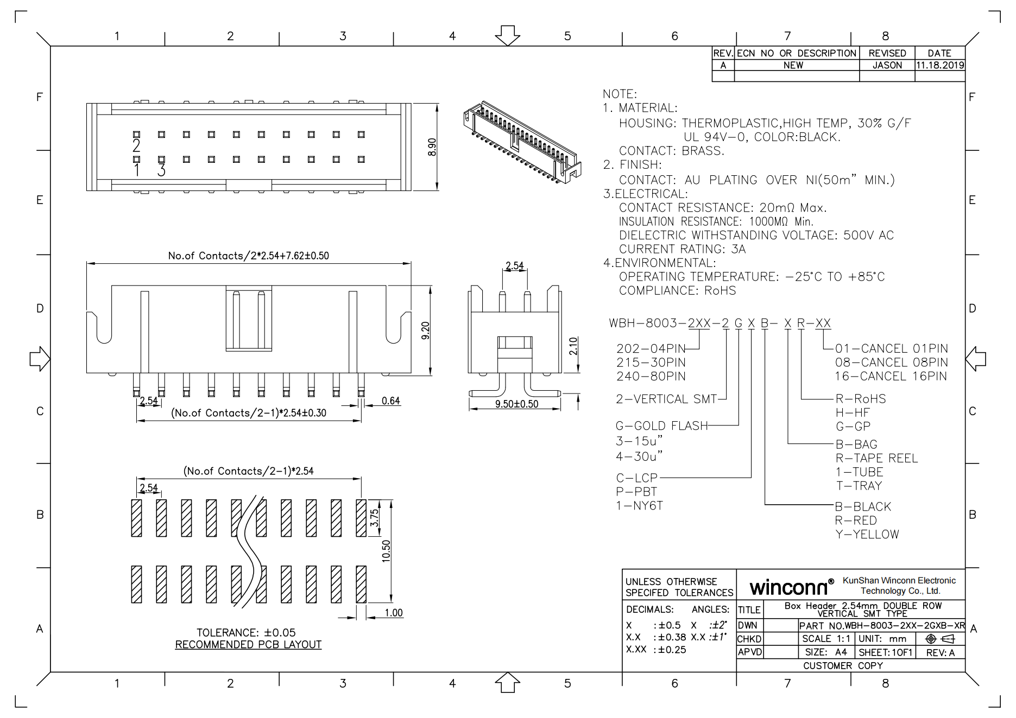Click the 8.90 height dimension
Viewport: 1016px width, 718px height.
click(x=432, y=147)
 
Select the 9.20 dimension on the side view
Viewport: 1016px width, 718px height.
click(x=425, y=331)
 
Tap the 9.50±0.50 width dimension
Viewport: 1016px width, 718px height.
click(x=516, y=404)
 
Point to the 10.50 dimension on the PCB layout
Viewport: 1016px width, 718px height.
click(x=386, y=551)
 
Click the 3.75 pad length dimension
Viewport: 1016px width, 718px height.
click(x=374, y=518)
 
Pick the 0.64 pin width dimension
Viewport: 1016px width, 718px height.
click(x=390, y=401)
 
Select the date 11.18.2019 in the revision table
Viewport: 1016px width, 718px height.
click(x=940, y=65)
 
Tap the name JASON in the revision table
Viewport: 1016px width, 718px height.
click(x=887, y=65)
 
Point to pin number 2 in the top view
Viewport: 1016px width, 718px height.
click(x=136, y=145)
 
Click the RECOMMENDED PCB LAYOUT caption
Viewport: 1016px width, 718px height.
click(x=248, y=644)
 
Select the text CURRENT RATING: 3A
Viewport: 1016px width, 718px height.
click(x=682, y=249)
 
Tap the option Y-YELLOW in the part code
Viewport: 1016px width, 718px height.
click(x=867, y=534)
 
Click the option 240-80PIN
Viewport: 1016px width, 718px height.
click(x=651, y=376)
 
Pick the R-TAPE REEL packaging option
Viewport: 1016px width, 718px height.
click(x=876, y=458)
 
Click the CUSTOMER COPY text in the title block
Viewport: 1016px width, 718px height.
click(x=843, y=665)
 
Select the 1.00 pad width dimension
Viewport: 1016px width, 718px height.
click(x=393, y=613)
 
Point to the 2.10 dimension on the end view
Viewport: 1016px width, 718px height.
click(x=573, y=346)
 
